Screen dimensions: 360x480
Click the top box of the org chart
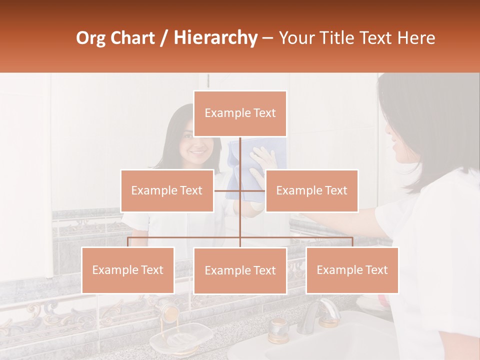240,113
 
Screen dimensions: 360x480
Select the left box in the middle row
167,190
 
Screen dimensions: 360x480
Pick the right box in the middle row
311,190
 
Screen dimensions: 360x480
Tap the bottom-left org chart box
128,270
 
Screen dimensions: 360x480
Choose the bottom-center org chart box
240,270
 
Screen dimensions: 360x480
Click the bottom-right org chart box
352,270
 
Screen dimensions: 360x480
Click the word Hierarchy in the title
215,37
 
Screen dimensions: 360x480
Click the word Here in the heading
416,38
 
